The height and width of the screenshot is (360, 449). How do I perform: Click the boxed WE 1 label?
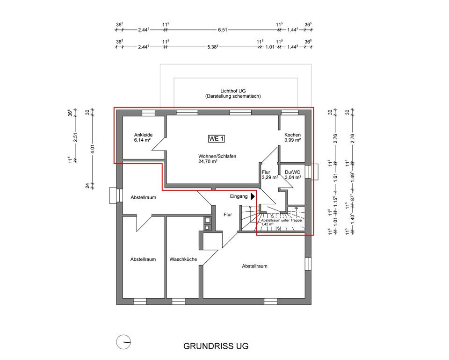[x=216, y=139]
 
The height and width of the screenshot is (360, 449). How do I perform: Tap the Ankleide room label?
[x=143, y=135]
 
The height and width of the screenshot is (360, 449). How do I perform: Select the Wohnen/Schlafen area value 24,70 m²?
[x=208, y=161]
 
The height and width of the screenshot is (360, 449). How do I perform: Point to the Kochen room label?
[x=292, y=135]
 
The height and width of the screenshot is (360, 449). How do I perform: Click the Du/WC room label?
[x=292, y=172]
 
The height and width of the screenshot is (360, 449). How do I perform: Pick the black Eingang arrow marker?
[x=253, y=196]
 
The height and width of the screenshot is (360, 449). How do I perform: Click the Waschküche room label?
[x=183, y=259]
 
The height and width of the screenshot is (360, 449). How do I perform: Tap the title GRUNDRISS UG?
[x=216, y=346]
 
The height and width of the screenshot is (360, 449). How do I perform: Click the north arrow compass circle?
[x=123, y=342]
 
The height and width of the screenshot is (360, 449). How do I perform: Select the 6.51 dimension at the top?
[x=223, y=30]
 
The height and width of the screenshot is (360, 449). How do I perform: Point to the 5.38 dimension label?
[x=213, y=47]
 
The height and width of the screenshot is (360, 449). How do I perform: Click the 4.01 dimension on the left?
[x=92, y=149]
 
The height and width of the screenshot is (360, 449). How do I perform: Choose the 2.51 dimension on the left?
[x=75, y=137]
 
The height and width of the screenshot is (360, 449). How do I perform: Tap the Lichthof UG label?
[x=233, y=91]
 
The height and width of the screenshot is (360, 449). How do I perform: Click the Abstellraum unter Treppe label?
[x=282, y=221]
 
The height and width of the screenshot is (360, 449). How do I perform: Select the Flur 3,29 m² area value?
[x=270, y=177]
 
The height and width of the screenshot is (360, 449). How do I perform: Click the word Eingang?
[x=239, y=196]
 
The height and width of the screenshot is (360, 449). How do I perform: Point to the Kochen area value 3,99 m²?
[x=292, y=140]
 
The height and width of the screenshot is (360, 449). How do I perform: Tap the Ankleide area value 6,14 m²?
[x=142, y=140]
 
